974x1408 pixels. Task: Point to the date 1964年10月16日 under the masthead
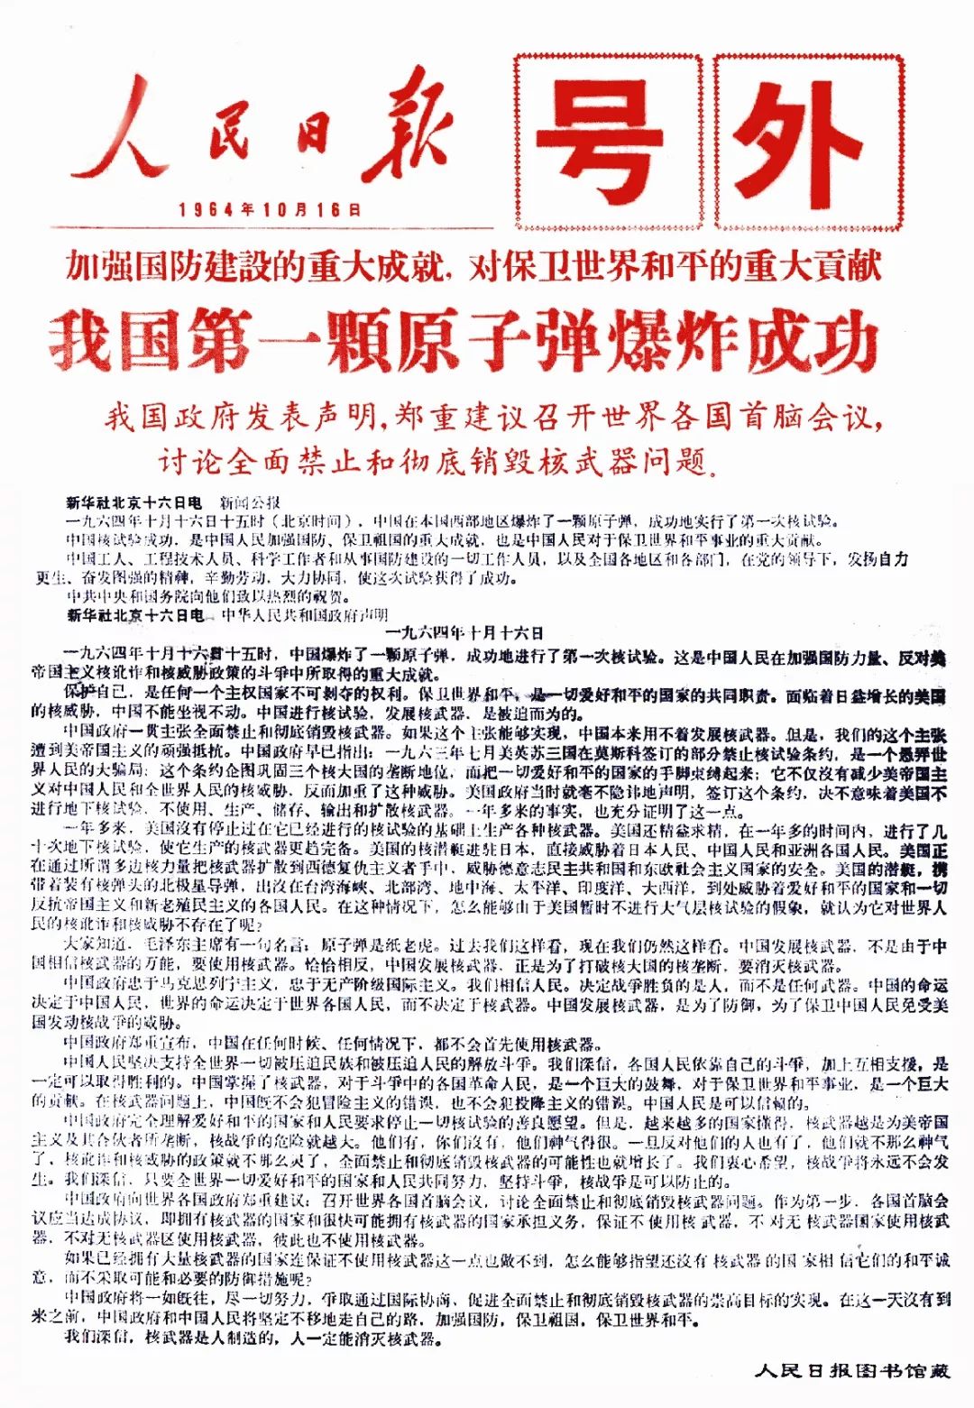(x=270, y=209)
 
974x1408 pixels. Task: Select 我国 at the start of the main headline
(x=117, y=341)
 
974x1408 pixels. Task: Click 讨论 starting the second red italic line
(x=190, y=462)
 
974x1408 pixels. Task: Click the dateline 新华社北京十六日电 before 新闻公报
(x=133, y=502)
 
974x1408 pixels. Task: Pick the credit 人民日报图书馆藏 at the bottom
(x=852, y=1371)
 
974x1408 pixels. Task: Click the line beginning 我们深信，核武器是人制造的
(x=253, y=1339)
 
